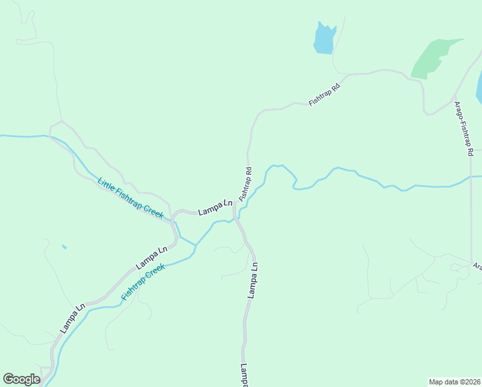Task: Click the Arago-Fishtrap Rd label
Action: click(x=464, y=128)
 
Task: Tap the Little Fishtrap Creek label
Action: click(x=130, y=197)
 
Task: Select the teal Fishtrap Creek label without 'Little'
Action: click(x=143, y=283)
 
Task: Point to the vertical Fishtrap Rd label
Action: click(x=245, y=184)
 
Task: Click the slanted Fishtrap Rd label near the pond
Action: click(x=323, y=92)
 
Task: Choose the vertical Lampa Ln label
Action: click(x=253, y=279)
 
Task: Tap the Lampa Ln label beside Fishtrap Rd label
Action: click(x=215, y=208)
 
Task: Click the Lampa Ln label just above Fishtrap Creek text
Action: click(x=151, y=257)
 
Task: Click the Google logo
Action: click(x=21, y=379)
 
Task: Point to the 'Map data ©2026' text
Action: click(x=454, y=382)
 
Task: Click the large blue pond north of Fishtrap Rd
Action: click(x=324, y=40)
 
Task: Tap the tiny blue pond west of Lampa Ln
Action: click(x=64, y=246)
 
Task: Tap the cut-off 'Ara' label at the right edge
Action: click(x=477, y=266)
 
